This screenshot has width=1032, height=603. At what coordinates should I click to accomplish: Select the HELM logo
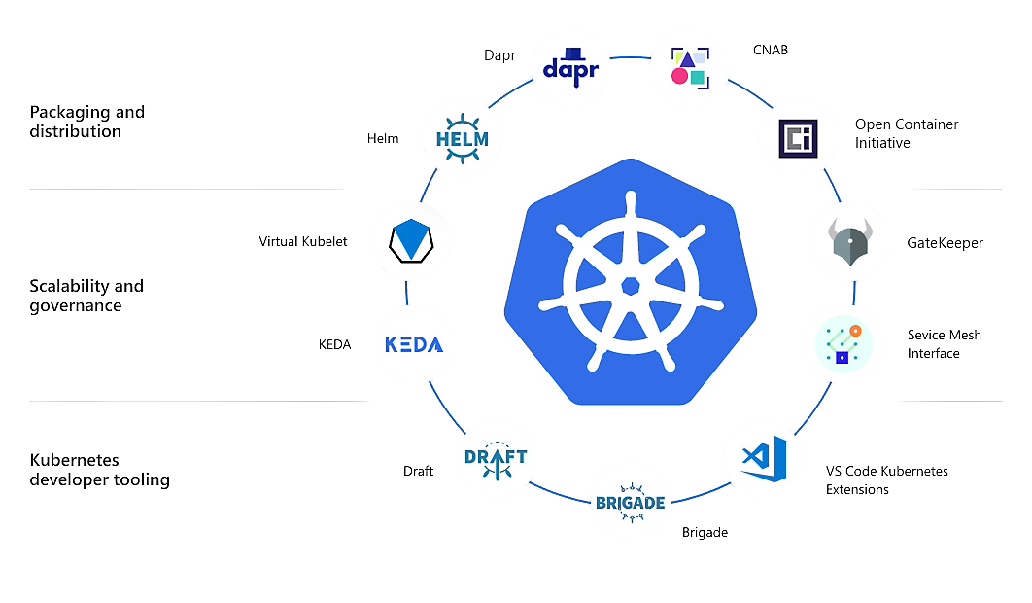click(462, 138)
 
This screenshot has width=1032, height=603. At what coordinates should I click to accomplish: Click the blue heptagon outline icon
click(410, 240)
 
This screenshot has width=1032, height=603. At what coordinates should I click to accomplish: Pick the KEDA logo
click(414, 343)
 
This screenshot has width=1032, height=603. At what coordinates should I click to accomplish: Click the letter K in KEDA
click(392, 344)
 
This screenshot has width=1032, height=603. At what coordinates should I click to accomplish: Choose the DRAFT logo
click(497, 458)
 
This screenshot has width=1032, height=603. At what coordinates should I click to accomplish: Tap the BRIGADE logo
click(630, 503)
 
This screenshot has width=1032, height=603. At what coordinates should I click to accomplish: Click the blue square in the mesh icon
click(843, 358)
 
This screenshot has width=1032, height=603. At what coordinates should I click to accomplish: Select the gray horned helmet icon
click(849, 241)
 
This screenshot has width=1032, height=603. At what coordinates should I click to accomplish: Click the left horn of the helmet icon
click(835, 231)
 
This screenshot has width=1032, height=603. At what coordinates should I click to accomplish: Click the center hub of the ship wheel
click(631, 285)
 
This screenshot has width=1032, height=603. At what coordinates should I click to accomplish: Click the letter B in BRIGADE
click(599, 503)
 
